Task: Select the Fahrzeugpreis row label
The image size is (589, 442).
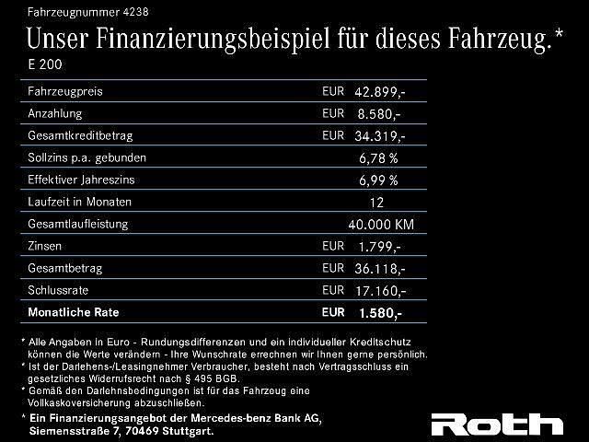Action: [65, 92]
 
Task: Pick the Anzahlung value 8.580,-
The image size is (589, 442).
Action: [379, 114]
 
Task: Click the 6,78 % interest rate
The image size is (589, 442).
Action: [378, 158]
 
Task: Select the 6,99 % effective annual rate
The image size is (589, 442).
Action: [378, 180]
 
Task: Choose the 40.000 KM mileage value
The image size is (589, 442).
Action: [381, 225]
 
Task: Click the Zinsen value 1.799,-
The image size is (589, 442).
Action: [379, 247]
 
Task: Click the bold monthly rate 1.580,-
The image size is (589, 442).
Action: [379, 313]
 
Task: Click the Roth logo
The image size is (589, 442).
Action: [497, 425]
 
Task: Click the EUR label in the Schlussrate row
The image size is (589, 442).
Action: [333, 291]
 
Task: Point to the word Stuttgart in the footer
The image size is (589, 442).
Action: [188, 431]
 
